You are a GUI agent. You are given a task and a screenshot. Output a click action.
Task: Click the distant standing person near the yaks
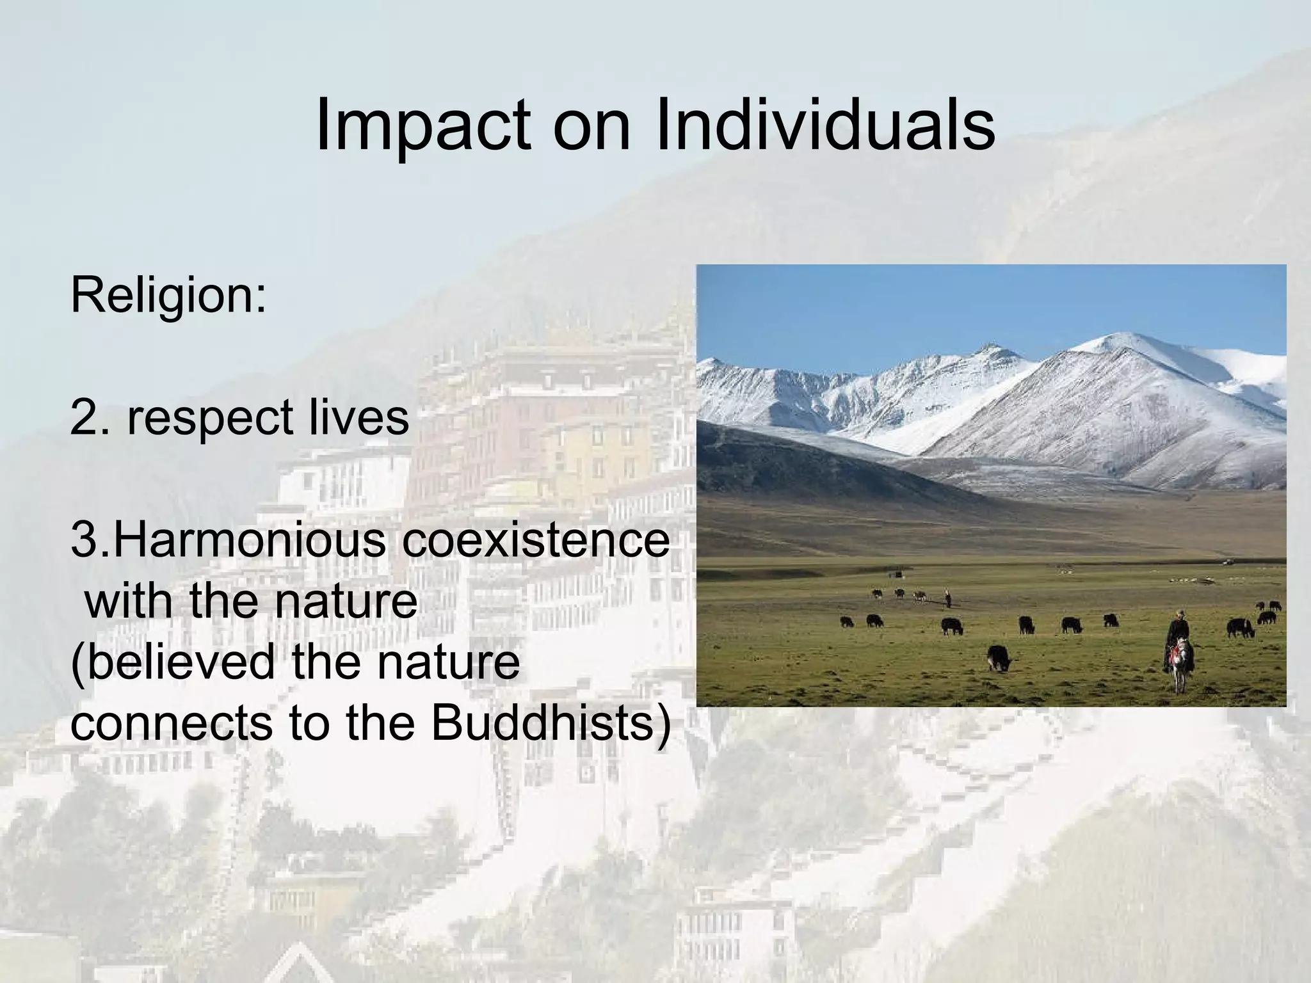[x=948, y=599]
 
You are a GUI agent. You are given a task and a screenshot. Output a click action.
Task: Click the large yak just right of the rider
[x=1239, y=627]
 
